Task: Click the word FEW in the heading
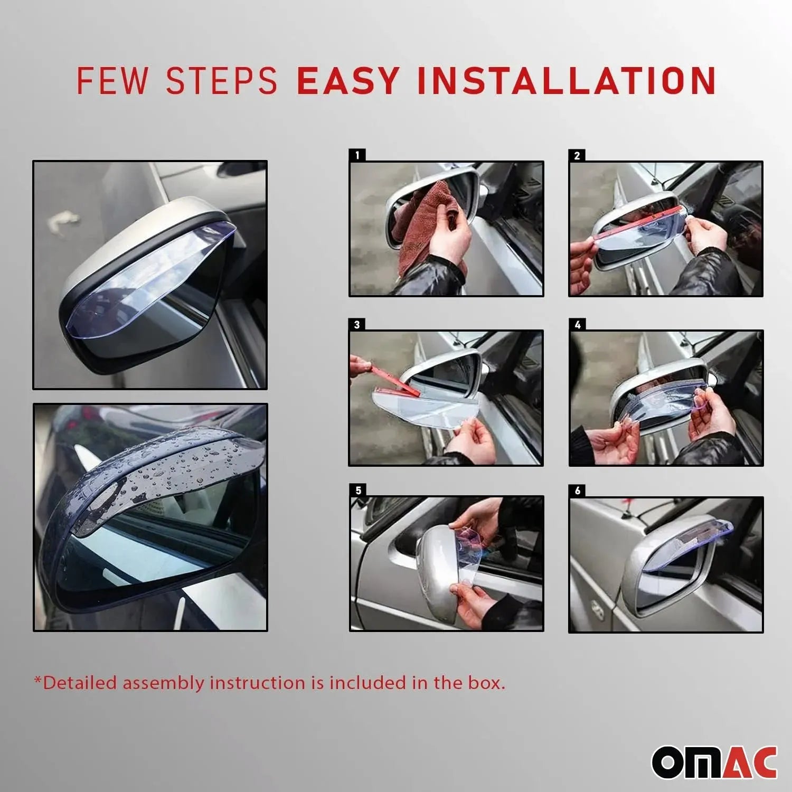(x=112, y=81)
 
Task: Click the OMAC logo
(x=714, y=762)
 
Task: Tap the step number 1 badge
(x=357, y=155)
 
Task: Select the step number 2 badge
(x=577, y=155)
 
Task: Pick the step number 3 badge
(x=357, y=324)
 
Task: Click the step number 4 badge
(x=577, y=324)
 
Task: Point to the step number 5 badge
(x=358, y=491)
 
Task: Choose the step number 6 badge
(x=577, y=491)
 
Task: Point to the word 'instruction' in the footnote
(x=257, y=683)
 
